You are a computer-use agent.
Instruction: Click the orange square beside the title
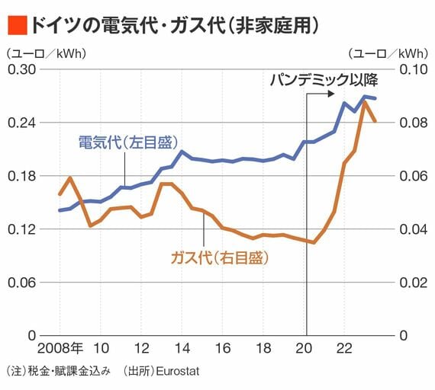(18, 25)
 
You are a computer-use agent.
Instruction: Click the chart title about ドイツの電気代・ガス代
(175, 25)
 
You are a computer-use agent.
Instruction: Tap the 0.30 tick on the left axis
(22, 69)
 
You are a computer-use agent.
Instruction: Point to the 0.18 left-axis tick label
(22, 176)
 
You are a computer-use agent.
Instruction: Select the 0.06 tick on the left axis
(22, 283)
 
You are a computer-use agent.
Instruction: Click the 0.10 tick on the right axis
(414, 69)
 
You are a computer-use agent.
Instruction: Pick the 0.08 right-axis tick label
(414, 123)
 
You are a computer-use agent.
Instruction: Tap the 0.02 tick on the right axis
(414, 283)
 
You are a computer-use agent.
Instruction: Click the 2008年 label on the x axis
(60, 348)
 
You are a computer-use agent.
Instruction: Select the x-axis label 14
(182, 348)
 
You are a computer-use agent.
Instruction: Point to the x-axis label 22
(344, 348)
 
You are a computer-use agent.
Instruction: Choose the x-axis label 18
(263, 348)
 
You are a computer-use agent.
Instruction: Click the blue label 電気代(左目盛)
(128, 143)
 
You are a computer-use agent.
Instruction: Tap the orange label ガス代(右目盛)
(220, 258)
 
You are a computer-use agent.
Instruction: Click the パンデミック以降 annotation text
(324, 80)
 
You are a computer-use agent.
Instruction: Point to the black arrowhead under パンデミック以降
(331, 94)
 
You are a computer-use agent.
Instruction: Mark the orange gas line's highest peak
(365, 102)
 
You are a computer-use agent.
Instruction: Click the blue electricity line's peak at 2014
(182, 152)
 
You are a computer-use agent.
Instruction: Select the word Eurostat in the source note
(178, 371)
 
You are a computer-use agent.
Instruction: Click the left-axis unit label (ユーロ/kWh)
(46, 53)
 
